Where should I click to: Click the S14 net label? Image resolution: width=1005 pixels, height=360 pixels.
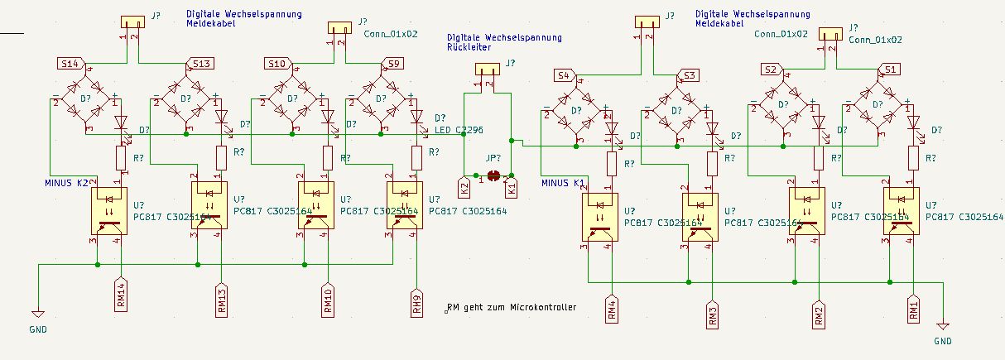70,63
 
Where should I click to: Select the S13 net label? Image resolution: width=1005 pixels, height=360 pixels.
202,64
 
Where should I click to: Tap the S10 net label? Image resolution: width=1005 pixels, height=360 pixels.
278,64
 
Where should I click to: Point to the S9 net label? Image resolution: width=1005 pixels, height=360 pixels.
392,64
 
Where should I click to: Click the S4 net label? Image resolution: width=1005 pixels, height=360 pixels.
565,76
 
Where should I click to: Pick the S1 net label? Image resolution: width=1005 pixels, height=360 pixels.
890,69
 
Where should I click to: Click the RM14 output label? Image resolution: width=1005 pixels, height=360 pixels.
121,295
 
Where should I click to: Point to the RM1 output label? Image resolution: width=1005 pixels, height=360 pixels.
914,309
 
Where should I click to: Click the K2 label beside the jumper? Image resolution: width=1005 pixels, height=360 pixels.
464,187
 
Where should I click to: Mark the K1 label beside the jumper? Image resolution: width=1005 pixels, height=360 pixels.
512,188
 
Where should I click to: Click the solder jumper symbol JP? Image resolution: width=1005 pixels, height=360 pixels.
494,175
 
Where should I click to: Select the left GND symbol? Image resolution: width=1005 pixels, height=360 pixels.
37,314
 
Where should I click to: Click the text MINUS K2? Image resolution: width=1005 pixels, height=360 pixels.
67,182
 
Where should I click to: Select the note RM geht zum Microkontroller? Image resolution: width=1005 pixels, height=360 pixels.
511,308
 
